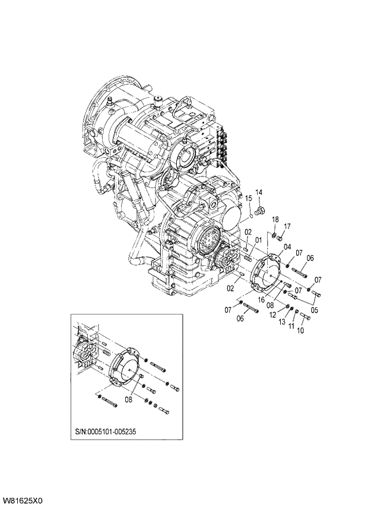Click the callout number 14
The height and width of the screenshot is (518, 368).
pos(258,193)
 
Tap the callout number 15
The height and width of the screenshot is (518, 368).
pos(249,198)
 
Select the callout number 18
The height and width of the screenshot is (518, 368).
pos(275,220)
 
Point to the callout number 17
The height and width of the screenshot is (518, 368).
pos(287,226)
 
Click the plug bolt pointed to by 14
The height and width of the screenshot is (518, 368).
pos(259,211)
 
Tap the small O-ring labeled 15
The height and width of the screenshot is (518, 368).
pos(252,216)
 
